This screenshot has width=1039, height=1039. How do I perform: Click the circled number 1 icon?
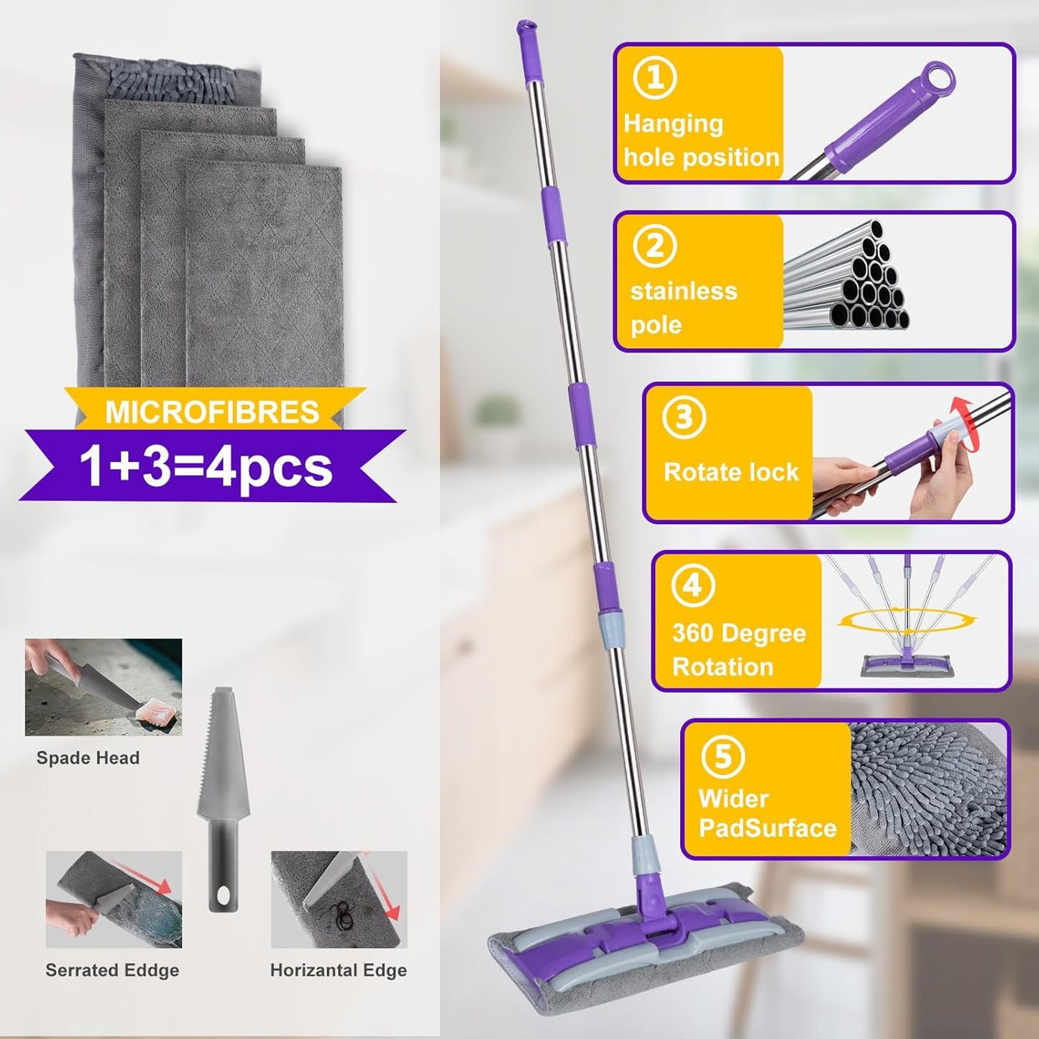point(654,78)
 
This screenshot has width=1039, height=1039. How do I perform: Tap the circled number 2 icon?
point(654,247)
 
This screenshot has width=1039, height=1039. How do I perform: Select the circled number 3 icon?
point(683,417)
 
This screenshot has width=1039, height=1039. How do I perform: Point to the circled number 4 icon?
point(692,586)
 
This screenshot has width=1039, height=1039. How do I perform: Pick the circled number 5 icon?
point(722,756)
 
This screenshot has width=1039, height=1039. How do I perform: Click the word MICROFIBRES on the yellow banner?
point(212,412)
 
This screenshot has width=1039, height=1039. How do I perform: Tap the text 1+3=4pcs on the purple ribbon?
point(206,467)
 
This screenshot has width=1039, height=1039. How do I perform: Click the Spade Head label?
point(88,758)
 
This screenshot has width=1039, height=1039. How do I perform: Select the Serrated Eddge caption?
point(112,971)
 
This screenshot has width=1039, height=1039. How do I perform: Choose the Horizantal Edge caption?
point(339,971)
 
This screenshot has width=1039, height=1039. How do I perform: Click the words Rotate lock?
point(731,472)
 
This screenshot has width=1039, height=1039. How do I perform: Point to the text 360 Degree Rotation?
point(738,650)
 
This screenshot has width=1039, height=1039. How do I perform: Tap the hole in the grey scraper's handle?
point(224,896)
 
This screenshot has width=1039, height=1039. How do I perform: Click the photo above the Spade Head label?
point(104,687)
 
